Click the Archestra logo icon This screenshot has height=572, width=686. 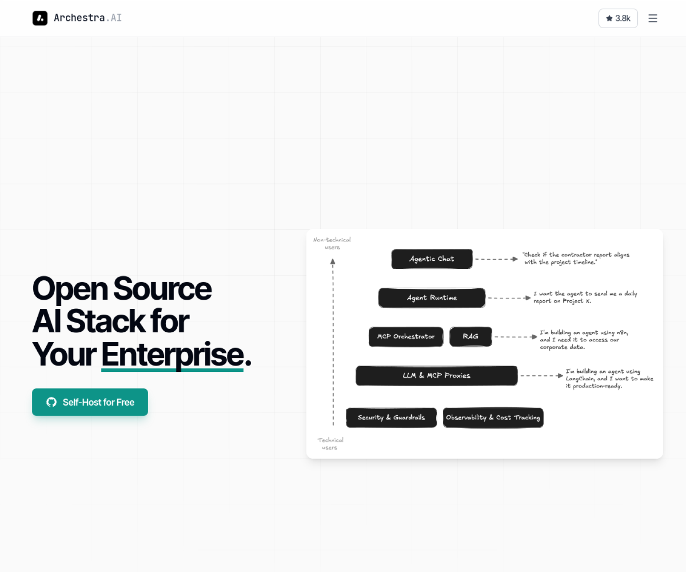click(x=40, y=18)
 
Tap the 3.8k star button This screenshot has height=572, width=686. click(x=618, y=18)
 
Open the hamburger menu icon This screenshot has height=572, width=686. click(x=653, y=18)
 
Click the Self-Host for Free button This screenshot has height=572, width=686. click(x=90, y=402)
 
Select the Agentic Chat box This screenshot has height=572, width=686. click(x=432, y=259)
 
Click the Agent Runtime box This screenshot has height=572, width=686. click(x=432, y=298)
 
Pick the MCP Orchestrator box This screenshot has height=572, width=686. click(x=406, y=337)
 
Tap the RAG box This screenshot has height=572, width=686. click(x=471, y=337)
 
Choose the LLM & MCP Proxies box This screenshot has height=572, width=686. click(x=437, y=376)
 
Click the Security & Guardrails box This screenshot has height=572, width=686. click(x=391, y=418)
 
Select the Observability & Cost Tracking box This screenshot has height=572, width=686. click(x=493, y=418)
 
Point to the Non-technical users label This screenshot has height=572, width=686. click(x=332, y=244)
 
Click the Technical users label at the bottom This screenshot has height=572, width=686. click(x=330, y=444)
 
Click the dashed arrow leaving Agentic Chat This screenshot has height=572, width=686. click(x=496, y=259)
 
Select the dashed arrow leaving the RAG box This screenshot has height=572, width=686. click(x=516, y=337)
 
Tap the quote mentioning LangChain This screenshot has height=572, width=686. click(x=609, y=378)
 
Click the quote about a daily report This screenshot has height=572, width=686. click(x=585, y=297)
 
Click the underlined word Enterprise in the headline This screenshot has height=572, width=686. click(x=172, y=354)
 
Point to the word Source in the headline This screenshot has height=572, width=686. click(x=162, y=289)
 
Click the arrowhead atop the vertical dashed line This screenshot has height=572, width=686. click(x=333, y=261)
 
